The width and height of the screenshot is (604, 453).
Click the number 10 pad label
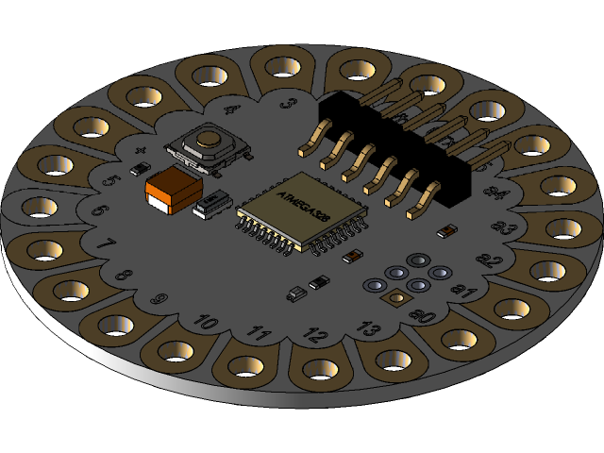(x=204, y=323)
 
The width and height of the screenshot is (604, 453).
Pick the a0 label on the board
(x=422, y=316)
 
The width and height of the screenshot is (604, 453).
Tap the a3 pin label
(x=504, y=227)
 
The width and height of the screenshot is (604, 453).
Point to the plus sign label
(x=141, y=151)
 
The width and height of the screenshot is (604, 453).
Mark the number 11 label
(x=257, y=333)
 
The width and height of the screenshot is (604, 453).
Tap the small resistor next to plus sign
(x=139, y=170)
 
